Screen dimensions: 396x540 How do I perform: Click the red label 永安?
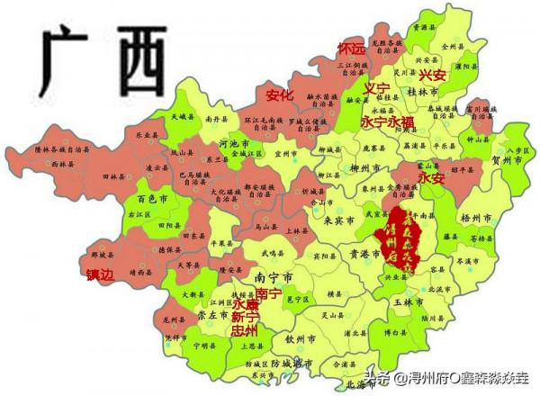(432, 178)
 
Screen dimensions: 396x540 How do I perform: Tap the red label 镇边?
(101, 275)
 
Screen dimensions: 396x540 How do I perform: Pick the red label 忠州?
(245, 331)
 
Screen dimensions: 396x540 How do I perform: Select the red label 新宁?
(245, 318)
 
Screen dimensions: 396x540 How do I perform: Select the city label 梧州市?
(473, 218)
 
